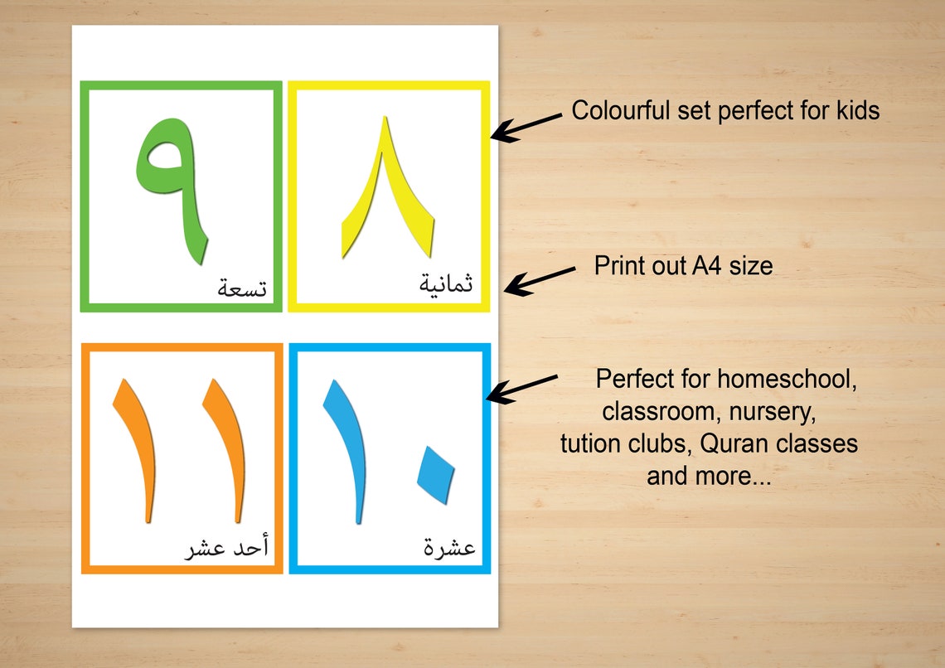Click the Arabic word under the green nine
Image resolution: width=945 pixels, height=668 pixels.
tap(242, 288)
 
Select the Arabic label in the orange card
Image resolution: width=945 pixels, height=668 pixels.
tap(226, 548)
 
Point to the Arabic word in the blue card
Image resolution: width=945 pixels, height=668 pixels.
tap(449, 548)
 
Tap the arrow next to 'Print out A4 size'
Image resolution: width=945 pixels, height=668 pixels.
tap(539, 280)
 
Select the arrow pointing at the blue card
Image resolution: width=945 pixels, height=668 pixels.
tap(521, 388)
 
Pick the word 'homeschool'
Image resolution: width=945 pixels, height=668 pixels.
tap(787, 380)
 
